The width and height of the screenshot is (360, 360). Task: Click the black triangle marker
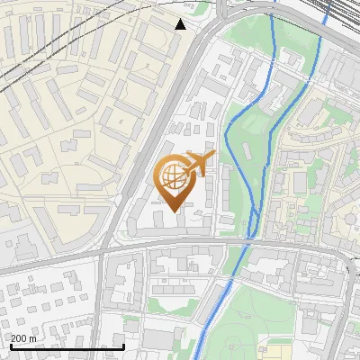180,24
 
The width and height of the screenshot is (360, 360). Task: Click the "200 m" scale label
23,338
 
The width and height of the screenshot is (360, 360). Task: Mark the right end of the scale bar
124,346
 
